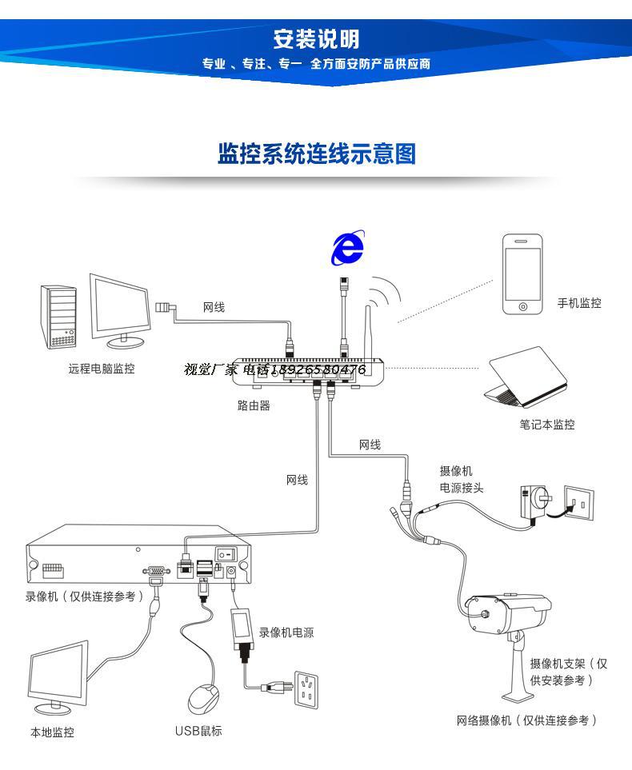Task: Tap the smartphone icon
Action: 522,275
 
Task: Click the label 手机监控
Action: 579,303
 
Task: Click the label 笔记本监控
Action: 546,425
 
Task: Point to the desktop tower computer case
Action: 58,317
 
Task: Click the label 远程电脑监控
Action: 102,369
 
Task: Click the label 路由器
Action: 254,405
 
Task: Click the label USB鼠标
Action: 198,731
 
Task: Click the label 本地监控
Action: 52,732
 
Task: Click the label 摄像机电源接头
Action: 461,480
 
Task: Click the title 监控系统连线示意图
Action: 317,154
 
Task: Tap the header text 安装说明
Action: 316,38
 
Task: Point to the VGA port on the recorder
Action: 154,571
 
